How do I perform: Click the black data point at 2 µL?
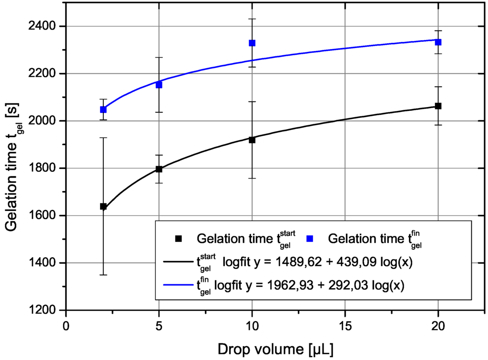click(x=103, y=206)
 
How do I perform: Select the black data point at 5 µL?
click(x=159, y=169)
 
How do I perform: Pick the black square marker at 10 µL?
click(x=252, y=140)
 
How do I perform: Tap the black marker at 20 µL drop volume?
click(x=438, y=106)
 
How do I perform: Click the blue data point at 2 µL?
click(x=103, y=110)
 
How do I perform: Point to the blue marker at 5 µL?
click(x=159, y=85)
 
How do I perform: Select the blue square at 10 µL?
click(x=252, y=43)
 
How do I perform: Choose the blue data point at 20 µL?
click(x=438, y=42)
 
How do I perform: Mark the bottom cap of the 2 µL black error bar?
click(x=103, y=275)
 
